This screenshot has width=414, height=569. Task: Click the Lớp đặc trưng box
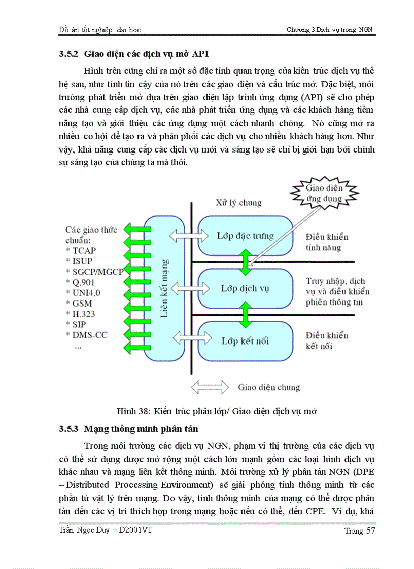click(x=245, y=236)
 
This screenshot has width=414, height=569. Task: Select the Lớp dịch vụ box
click(x=245, y=288)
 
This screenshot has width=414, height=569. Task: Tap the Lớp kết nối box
click(x=245, y=340)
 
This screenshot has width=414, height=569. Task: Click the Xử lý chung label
click(x=237, y=203)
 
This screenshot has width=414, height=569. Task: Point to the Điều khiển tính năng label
click(x=327, y=242)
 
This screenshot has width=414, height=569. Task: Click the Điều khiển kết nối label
click(x=327, y=340)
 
